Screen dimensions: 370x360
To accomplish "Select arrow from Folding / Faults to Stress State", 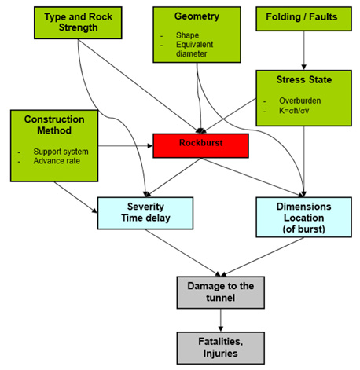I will (303, 55).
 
